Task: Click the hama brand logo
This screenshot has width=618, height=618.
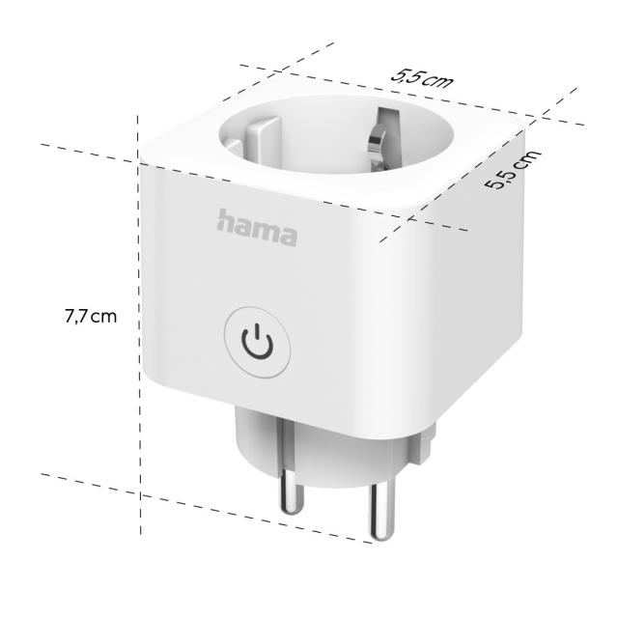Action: tap(257, 227)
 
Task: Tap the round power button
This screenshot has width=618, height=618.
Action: tap(258, 342)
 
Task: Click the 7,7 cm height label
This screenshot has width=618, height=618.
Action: tap(91, 316)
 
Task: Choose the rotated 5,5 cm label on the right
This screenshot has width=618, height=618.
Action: tap(512, 172)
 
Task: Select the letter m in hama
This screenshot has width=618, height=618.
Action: tap(264, 230)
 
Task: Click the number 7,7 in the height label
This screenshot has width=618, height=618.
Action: tap(77, 316)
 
